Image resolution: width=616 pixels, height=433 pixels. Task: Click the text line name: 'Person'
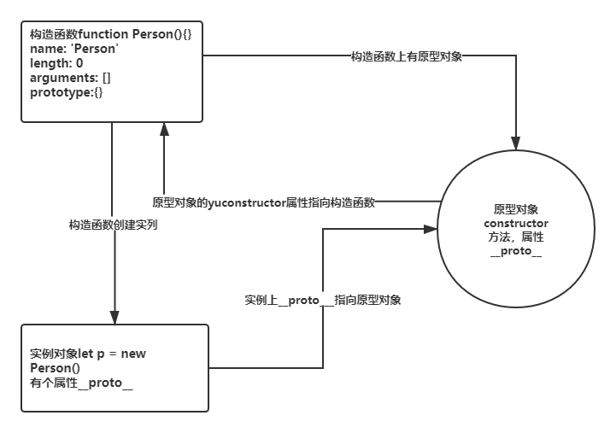(x=74, y=49)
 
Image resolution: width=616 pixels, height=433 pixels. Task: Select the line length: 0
(x=56, y=63)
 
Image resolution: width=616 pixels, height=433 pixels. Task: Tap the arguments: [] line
(x=70, y=78)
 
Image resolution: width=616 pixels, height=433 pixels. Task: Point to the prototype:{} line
(x=67, y=92)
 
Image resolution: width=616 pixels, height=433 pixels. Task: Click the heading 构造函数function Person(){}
(x=111, y=34)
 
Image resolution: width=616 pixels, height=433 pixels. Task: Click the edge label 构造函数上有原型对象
(x=406, y=56)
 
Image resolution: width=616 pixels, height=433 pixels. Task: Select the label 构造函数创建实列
(x=113, y=225)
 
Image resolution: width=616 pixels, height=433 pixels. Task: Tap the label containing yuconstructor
(x=264, y=202)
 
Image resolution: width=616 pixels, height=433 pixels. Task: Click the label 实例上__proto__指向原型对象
(x=323, y=300)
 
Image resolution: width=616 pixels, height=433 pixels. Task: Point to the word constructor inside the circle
(x=516, y=224)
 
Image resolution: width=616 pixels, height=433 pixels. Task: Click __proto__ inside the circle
(x=516, y=251)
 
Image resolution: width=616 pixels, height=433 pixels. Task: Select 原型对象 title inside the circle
(x=516, y=209)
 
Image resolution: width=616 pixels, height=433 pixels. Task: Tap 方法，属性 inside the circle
(x=516, y=237)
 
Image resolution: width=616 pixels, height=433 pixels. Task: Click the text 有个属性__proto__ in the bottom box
(x=81, y=383)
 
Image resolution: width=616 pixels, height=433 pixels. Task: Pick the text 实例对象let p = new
(x=88, y=354)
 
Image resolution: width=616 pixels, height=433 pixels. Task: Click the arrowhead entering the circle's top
(x=516, y=143)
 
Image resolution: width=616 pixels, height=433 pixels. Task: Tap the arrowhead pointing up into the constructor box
(x=164, y=129)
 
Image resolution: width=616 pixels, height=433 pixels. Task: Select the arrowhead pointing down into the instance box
(x=114, y=318)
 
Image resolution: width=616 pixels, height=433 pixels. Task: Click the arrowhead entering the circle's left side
(x=431, y=229)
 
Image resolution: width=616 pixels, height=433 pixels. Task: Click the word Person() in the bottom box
(x=55, y=368)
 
